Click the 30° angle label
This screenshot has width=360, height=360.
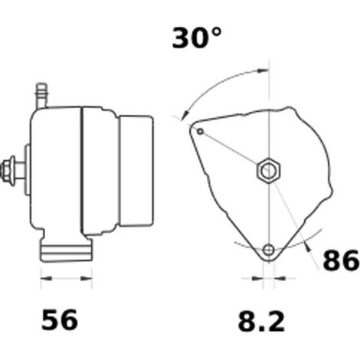pos(197,38)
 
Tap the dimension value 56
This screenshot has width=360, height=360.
pos(59,319)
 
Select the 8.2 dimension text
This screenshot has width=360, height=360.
pos(261,322)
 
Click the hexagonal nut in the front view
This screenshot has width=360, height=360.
pos(269,171)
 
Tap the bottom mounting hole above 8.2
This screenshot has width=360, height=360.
pos(269,250)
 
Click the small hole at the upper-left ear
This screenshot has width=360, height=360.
pos(201,132)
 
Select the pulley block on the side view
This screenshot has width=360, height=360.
pos(136,171)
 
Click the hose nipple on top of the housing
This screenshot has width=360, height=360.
pos(41,95)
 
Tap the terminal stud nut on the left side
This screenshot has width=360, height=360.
pos(7,170)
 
